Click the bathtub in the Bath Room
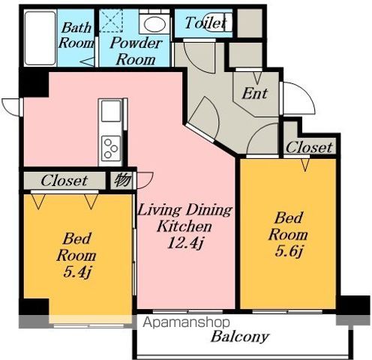[x=40, y=38]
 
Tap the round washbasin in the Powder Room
[x=154, y=25]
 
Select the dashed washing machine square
[x=111, y=21]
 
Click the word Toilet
[x=205, y=23]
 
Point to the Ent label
[x=255, y=93]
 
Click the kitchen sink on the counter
[x=111, y=111]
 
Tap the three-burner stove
[x=111, y=148]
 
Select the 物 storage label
[x=123, y=180]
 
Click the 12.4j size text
[x=185, y=242]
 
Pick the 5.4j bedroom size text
[x=76, y=271]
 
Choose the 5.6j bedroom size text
[x=289, y=250]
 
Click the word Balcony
[x=240, y=337]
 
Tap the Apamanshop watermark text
[x=186, y=322]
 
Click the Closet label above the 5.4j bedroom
[x=64, y=181]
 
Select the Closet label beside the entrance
[x=309, y=147]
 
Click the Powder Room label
[x=136, y=51]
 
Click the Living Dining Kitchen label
[x=185, y=218]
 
